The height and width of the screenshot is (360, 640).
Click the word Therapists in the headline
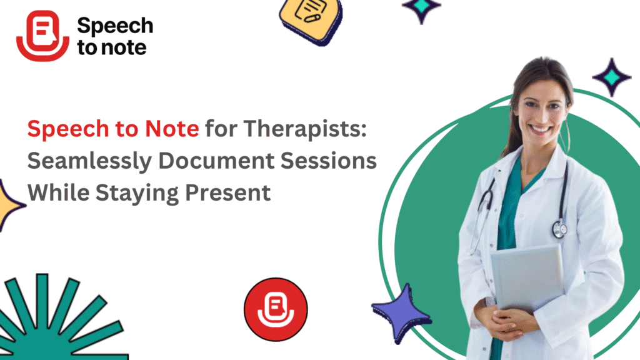[305, 129]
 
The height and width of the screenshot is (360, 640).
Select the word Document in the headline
[216, 161]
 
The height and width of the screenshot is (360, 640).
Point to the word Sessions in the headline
[329, 161]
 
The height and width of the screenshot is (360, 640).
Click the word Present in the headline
[227, 192]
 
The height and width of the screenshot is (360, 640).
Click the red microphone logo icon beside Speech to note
[42, 36]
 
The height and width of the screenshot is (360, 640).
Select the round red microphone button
[276, 309]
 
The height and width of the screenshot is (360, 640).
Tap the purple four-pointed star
[401, 313]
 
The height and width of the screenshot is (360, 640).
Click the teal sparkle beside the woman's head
[611, 77]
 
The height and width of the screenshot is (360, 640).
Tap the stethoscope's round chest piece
[559, 229]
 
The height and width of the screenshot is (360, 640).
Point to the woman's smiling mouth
[540, 129]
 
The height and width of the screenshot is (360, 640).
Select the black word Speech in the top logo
[115, 27]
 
